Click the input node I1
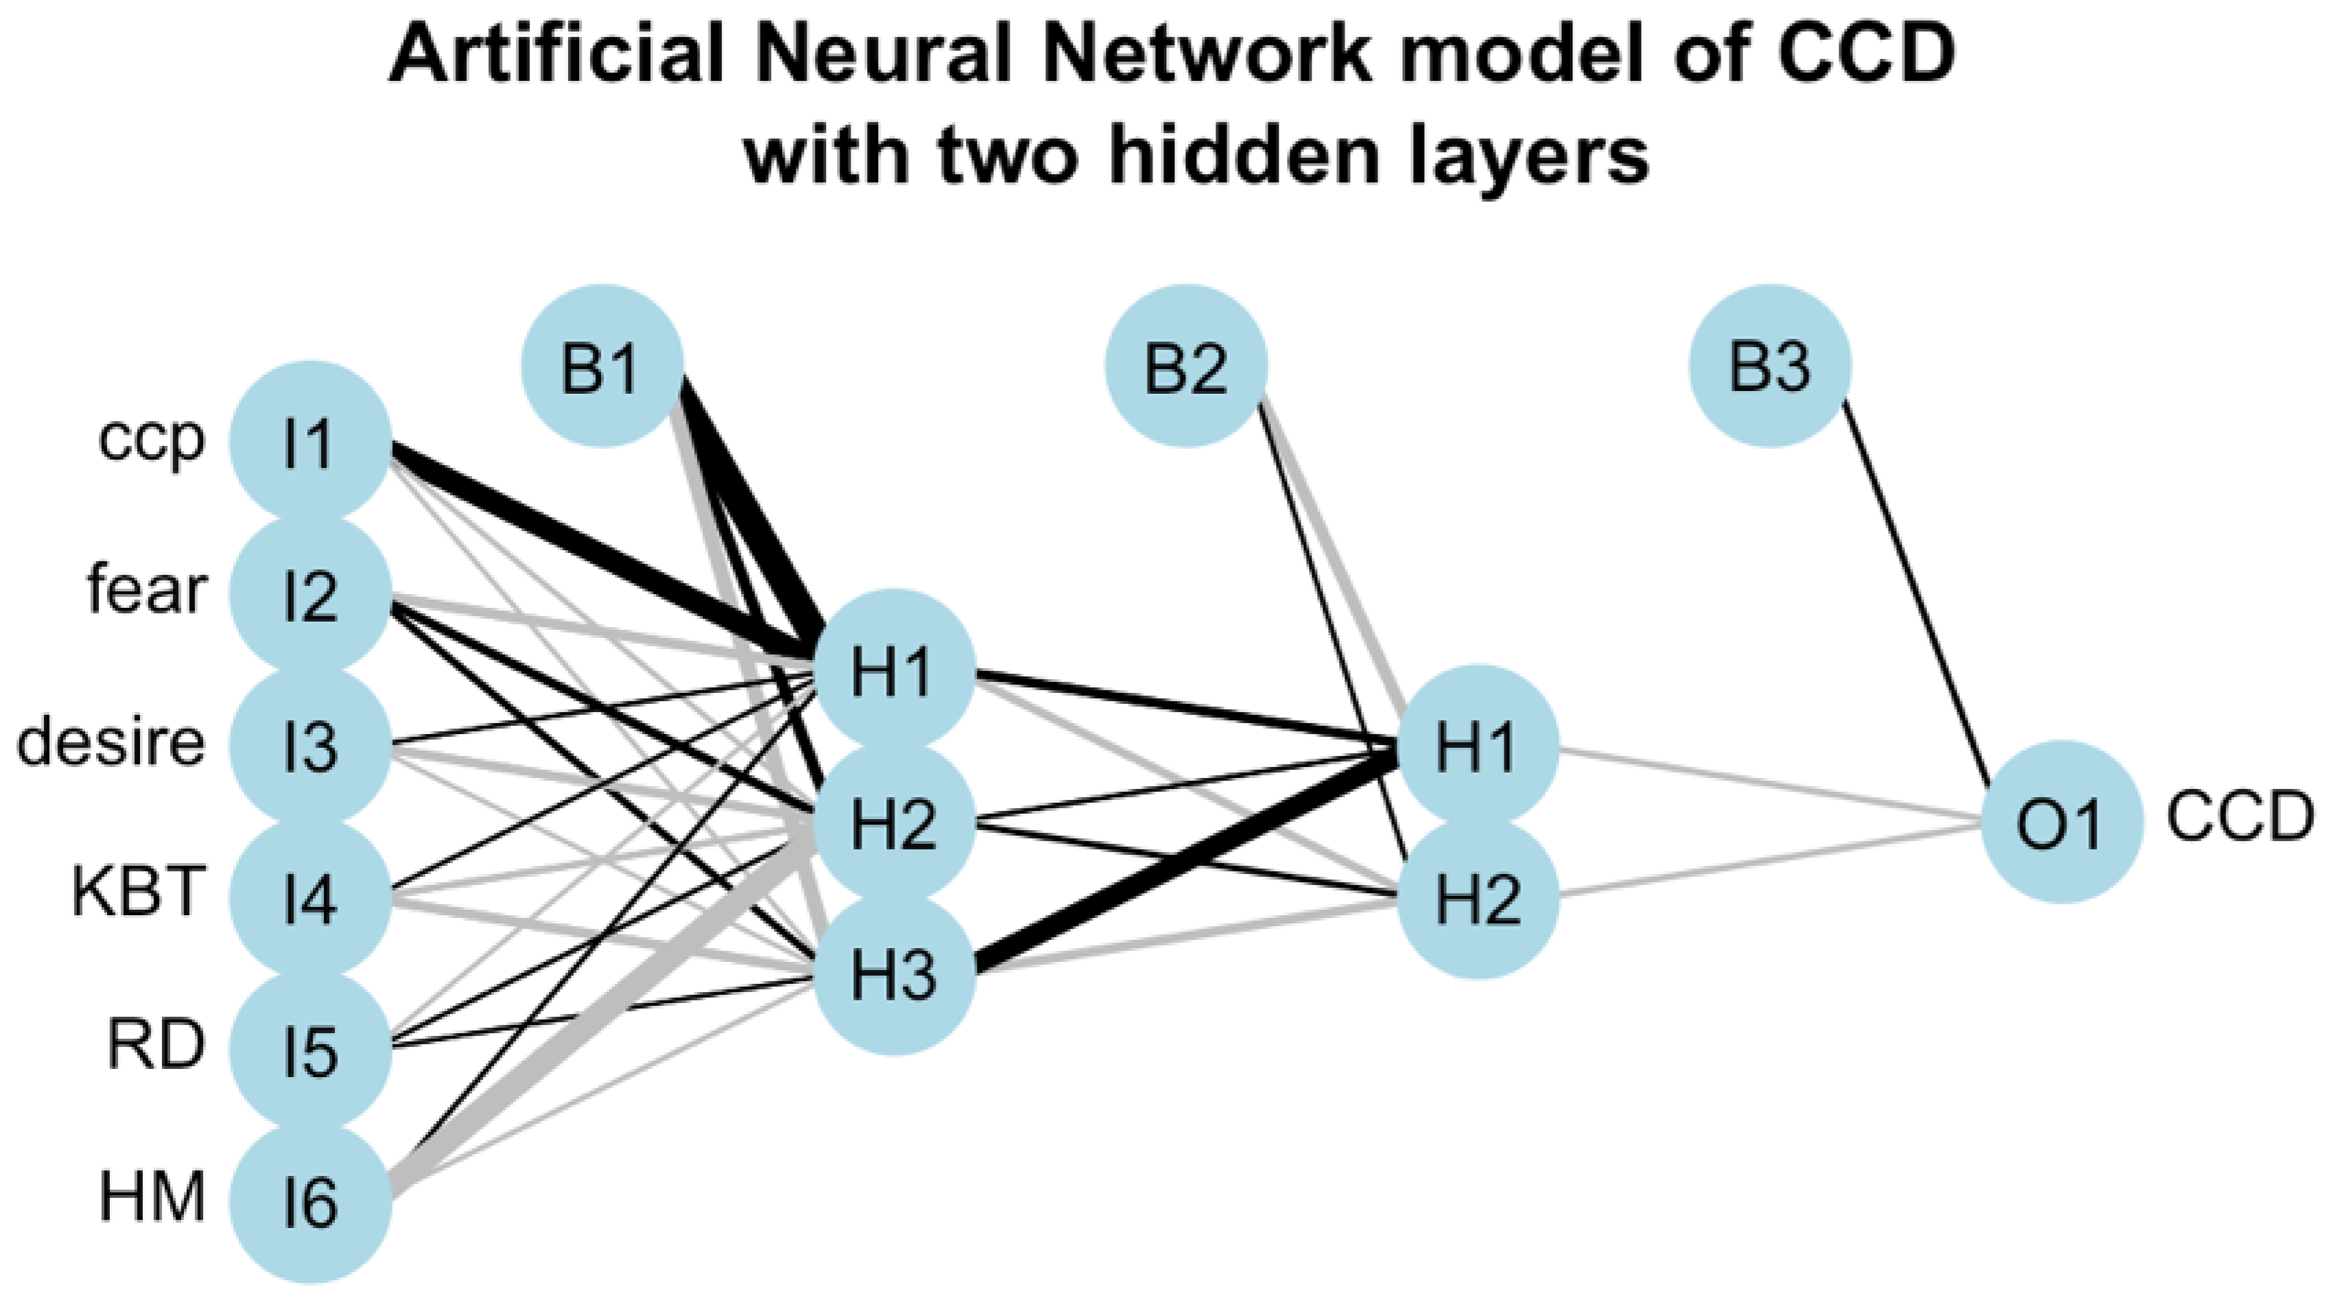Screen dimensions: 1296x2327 coord(310,443)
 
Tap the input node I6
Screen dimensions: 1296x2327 coord(310,1203)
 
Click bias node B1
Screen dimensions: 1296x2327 coord(602,366)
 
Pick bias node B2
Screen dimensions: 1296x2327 coord(1186,366)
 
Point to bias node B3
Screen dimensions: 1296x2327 coord(1770,366)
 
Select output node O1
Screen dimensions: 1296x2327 coord(2062,822)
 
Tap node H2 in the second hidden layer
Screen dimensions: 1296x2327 coord(1478,899)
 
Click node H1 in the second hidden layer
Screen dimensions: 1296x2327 coord(1478,747)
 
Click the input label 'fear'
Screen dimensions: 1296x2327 coord(146,591)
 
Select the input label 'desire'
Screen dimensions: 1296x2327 coord(111,743)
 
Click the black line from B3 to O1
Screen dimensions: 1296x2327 coord(1915,596)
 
